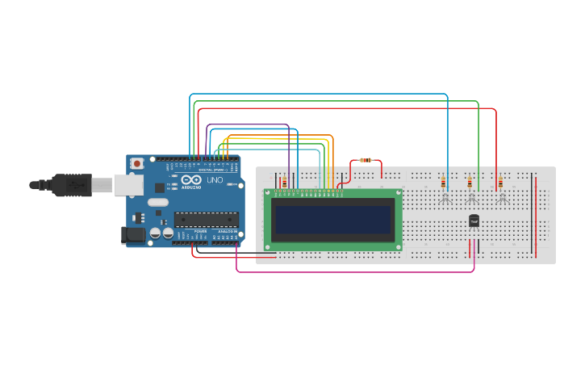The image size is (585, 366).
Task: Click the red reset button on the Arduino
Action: [137, 163]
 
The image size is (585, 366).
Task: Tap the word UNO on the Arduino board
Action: [215, 181]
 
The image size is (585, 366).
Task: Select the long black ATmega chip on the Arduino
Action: [207, 219]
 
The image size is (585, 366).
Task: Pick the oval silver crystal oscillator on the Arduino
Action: [158, 202]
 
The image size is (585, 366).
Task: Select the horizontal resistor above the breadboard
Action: [366, 160]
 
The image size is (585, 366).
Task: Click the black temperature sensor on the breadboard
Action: [474, 221]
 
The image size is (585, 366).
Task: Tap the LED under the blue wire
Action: [445, 196]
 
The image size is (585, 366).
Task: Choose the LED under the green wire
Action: [472, 196]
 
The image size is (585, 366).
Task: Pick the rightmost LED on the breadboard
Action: [501, 196]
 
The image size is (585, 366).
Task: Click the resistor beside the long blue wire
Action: [444, 182]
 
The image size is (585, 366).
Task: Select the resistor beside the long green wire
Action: [470, 183]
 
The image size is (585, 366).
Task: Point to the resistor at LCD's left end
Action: [284, 182]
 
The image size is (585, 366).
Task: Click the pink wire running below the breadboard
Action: [355, 271]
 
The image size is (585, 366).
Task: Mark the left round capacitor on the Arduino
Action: [155, 233]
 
